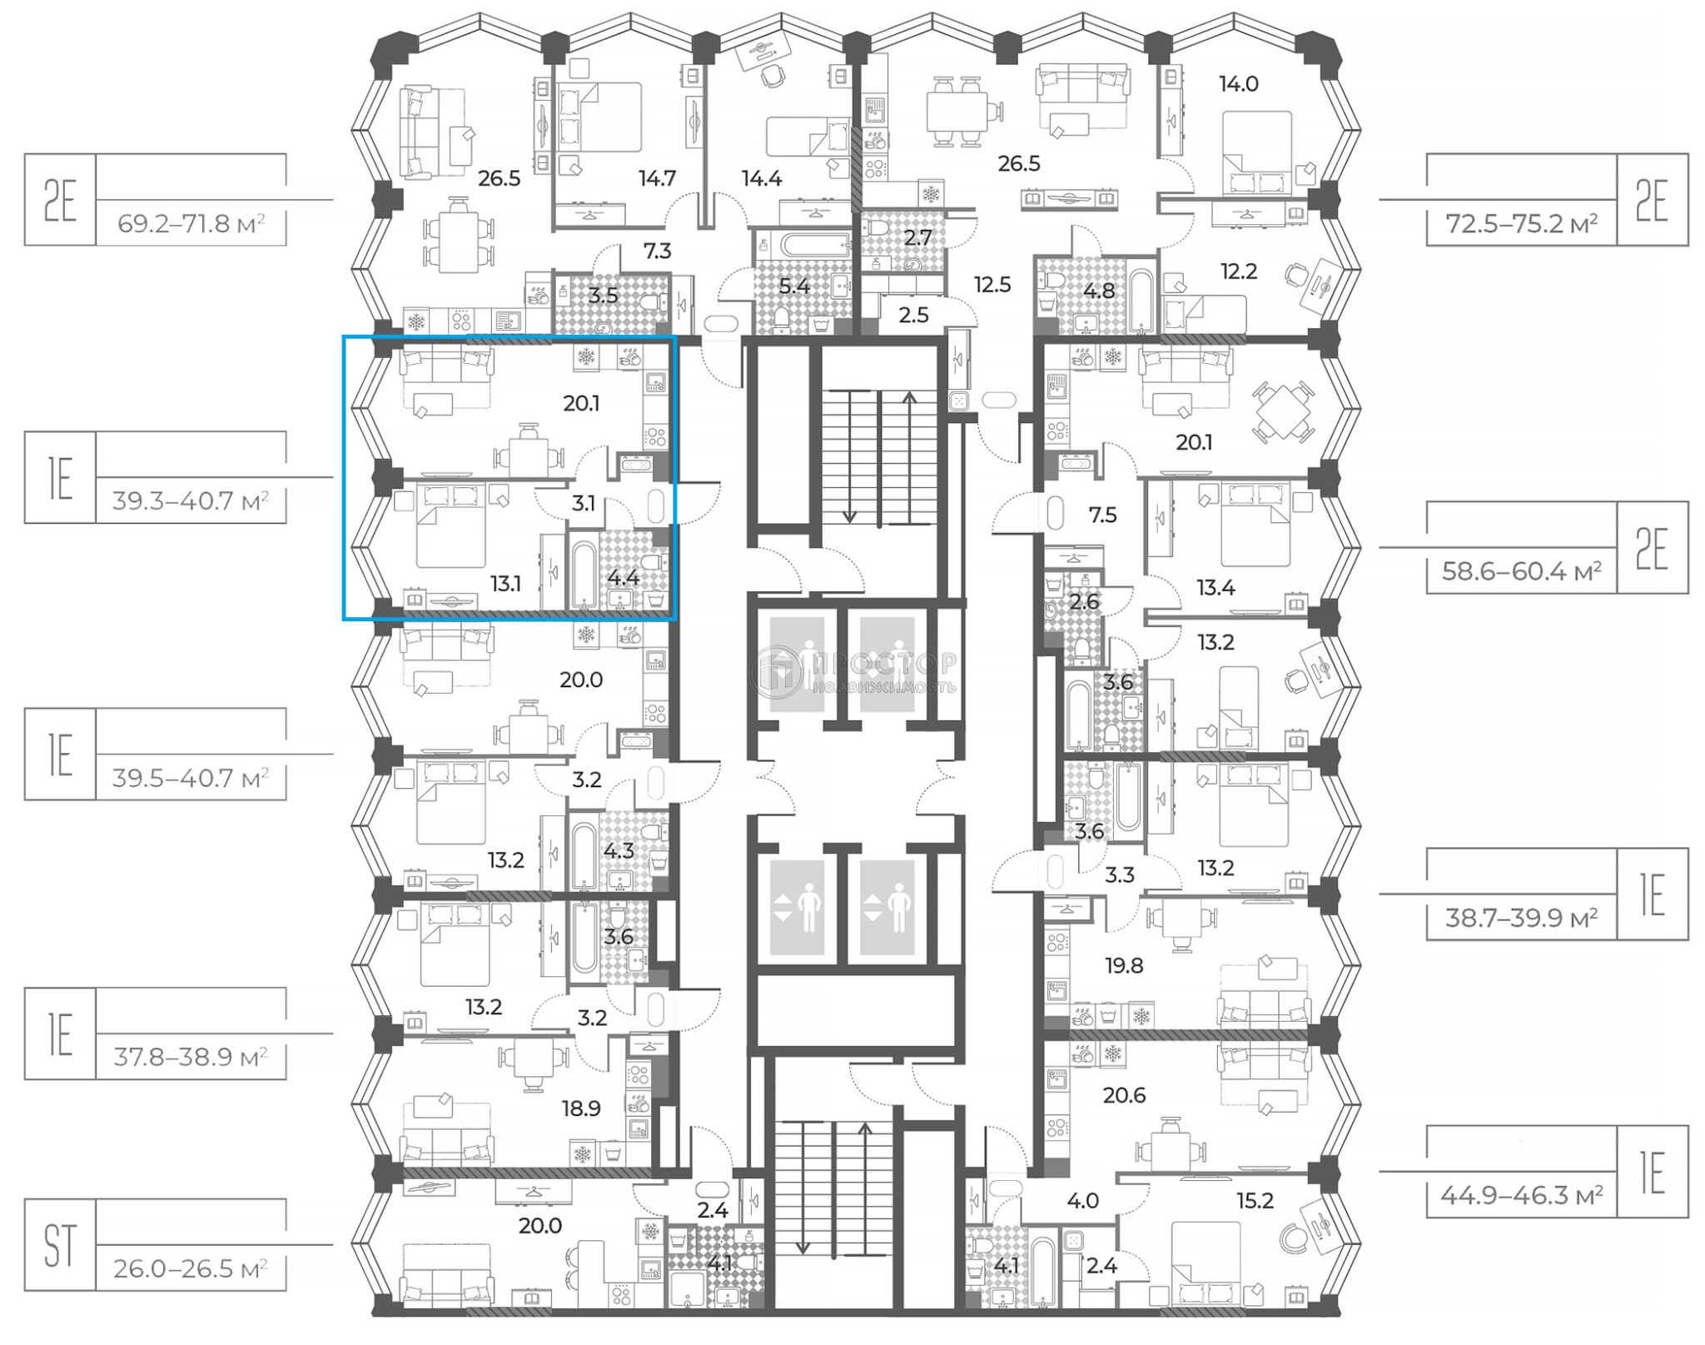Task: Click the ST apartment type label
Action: [60, 1245]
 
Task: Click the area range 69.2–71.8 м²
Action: [191, 224]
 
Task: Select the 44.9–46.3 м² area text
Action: [1521, 1195]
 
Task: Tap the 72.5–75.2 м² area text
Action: [1521, 224]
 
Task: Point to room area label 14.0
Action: [1238, 84]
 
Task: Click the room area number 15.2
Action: [1254, 1200]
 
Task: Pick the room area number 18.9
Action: [580, 1108]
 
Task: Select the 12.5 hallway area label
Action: [992, 285]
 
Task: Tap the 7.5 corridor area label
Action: [1102, 516]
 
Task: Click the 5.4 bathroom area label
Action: [793, 286]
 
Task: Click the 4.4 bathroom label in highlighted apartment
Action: [623, 578]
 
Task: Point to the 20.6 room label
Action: [1124, 1095]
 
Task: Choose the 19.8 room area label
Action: [1124, 966]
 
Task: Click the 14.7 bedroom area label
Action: [657, 178]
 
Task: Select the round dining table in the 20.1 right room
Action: [1283, 411]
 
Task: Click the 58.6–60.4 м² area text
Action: [1521, 571]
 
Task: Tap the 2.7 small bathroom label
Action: [917, 238]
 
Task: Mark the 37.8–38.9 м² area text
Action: [191, 1058]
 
